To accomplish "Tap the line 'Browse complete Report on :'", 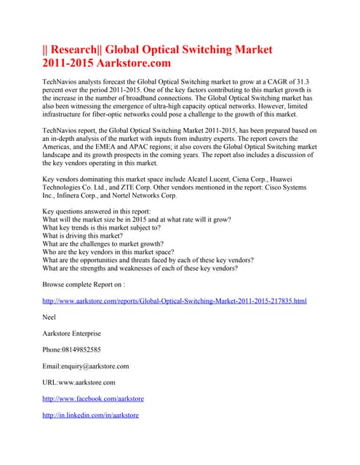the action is pos(83,283).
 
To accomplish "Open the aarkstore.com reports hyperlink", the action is pos(175,300).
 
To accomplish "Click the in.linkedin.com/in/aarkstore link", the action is pos(91,415).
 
